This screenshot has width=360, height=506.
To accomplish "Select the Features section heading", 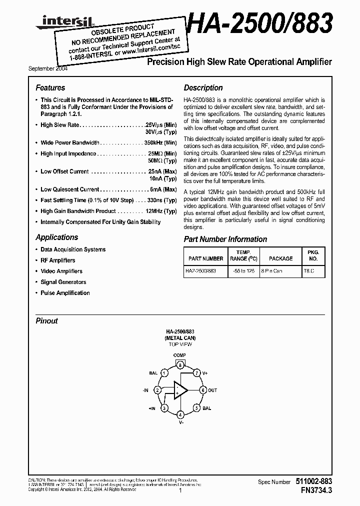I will (x=50, y=87).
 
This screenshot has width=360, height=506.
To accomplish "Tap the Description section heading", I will (x=203, y=87).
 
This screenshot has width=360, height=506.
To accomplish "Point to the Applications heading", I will (x=56, y=237).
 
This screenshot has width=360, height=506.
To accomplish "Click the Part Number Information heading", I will (x=225, y=239).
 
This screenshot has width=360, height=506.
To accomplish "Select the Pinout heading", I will (x=46, y=321).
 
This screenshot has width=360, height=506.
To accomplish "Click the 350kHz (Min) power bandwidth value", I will (x=160, y=142).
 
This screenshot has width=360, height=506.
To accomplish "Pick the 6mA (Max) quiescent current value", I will (x=163, y=189).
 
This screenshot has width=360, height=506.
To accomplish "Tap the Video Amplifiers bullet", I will (x=61, y=271).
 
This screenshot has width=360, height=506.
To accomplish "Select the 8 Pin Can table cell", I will (x=280, y=271).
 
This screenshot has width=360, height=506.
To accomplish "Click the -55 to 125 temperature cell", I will (x=243, y=271).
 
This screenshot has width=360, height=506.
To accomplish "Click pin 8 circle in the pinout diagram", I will (x=179, y=365).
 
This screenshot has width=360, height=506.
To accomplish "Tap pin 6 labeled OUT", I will (x=203, y=390).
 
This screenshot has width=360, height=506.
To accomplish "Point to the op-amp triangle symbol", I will (x=180, y=390).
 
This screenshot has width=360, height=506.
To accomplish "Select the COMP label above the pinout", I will (x=179, y=355).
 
